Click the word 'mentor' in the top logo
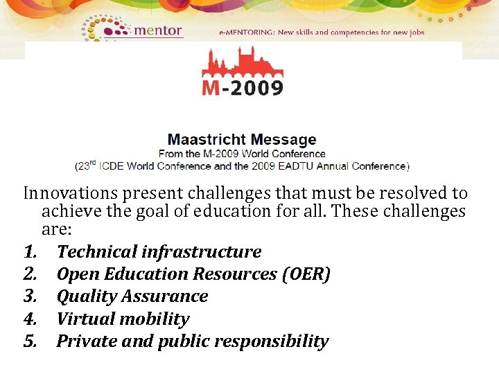coord(157,30)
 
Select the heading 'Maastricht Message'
coord(242,140)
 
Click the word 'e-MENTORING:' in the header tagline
coord(247,33)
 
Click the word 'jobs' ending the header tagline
coord(414,33)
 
